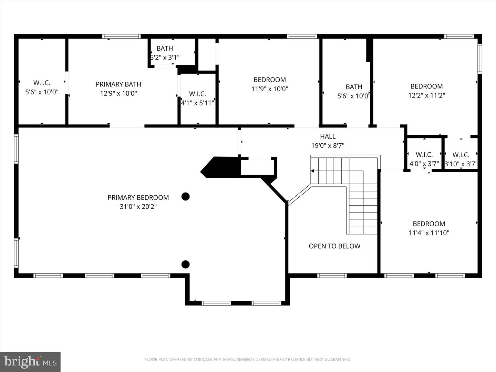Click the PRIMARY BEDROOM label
pyautogui.click(x=138, y=197)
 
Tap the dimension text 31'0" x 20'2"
pyautogui.click(x=138, y=207)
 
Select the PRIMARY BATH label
pyautogui.click(x=118, y=84)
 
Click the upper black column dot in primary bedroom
pyautogui.click(x=186, y=197)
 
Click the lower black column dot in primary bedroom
pyautogui.click(x=186, y=265)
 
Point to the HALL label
pyautogui.click(x=328, y=136)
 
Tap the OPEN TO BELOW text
pyautogui.click(x=334, y=246)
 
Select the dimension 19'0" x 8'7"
pyautogui.click(x=328, y=146)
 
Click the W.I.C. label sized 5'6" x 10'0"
pyautogui.click(x=42, y=83)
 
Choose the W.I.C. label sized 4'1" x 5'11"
pyautogui.click(x=197, y=94)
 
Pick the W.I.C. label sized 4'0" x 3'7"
pyautogui.click(x=424, y=155)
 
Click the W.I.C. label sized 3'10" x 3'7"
pyautogui.click(x=461, y=155)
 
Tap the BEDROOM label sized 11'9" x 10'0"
pyautogui.click(x=269, y=80)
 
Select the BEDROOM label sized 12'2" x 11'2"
pyautogui.click(x=426, y=86)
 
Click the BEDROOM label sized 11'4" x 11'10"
pyautogui.click(x=429, y=224)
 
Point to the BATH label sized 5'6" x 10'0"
pyautogui.click(x=354, y=87)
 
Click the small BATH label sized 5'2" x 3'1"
pyautogui.click(x=165, y=48)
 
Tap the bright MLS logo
pyautogui.click(x=30, y=362)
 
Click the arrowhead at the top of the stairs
pyautogui.click(x=312, y=171)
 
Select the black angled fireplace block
pyautogui.click(x=220, y=167)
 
